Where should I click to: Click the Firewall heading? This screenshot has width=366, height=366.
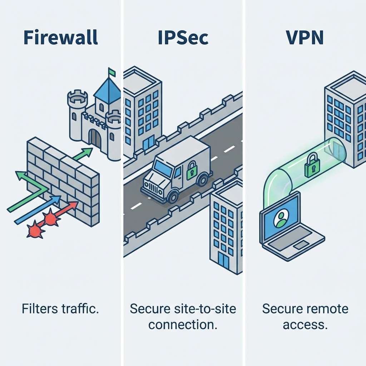(x=60, y=38)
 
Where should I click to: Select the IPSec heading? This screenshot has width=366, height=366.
(x=183, y=38)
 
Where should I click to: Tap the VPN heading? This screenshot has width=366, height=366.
(x=305, y=38)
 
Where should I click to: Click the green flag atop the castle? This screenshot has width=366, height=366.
(x=112, y=72)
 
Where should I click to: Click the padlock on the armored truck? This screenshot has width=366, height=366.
(x=192, y=170)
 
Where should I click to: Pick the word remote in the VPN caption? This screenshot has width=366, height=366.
(x=326, y=309)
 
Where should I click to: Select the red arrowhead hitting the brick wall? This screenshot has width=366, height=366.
(x=74, y=205)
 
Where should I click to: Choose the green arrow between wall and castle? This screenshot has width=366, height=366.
(x=82, y=154)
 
